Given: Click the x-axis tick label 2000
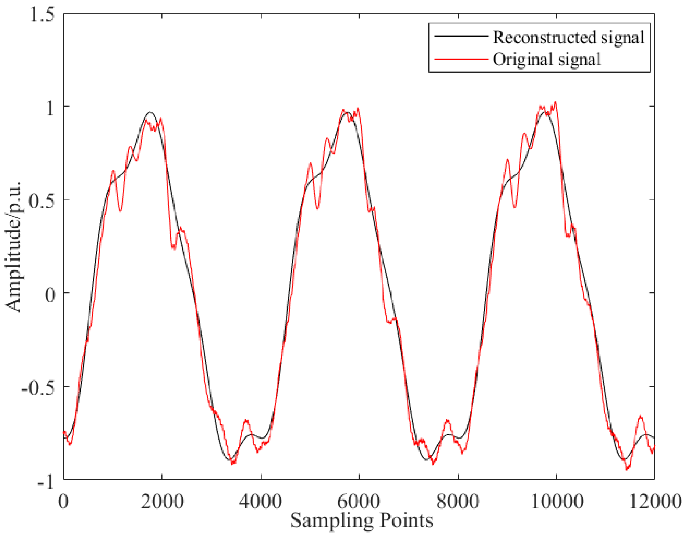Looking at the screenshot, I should tap(162, 501).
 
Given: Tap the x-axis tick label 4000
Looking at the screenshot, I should tap(261, 501).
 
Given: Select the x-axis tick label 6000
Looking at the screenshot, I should tap(359, 501).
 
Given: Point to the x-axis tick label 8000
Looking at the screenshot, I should tap(458, 501).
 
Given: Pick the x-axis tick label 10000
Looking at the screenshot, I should tap(557, 501).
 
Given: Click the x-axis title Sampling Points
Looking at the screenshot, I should tap(361, 521).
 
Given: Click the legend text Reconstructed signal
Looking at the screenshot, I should tap(569, 37).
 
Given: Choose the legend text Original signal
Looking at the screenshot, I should tap(547, 59).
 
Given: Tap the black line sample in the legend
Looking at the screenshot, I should tap(461, 36).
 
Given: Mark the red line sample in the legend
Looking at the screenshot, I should tap(461, 59).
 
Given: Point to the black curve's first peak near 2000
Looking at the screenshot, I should tap(150, 112).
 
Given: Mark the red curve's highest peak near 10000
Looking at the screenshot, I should tap(555, 102).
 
